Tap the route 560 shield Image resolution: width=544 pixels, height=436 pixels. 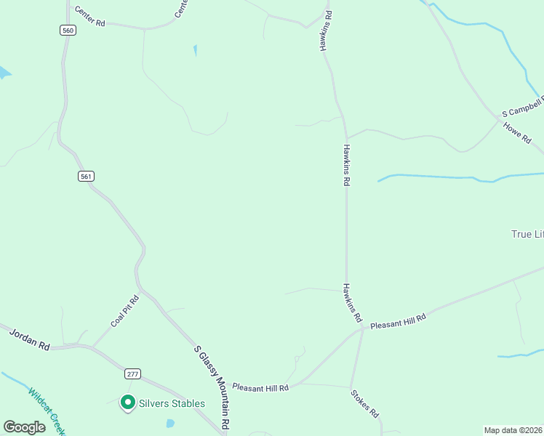68,30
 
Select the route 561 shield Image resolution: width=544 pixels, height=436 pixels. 87,176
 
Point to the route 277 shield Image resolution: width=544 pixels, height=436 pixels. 132,374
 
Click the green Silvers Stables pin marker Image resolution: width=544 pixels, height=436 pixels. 128,402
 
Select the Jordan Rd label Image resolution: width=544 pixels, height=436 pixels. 29,340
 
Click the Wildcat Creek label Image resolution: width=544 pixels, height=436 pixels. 45,411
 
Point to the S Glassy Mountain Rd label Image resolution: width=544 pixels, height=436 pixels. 212,387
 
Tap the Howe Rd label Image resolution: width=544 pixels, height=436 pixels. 517,133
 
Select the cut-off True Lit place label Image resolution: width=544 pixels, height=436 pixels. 527,234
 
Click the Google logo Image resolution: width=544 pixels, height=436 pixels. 24,427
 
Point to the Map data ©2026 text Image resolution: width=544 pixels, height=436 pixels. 513,430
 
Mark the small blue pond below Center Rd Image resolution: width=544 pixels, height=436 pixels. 195,51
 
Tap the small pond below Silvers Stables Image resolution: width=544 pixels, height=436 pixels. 170,423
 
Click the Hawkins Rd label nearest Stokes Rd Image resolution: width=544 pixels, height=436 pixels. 353,302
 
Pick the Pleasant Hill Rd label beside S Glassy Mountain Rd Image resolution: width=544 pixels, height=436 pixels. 260,388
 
